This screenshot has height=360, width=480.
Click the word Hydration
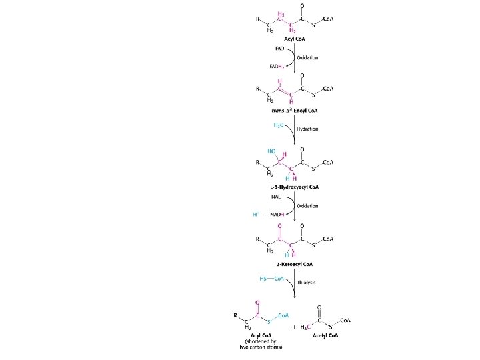point(307,129)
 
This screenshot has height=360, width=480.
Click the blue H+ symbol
point(255,214)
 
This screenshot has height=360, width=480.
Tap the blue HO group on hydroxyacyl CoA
point(271,151)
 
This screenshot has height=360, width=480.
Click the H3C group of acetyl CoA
point(305,327)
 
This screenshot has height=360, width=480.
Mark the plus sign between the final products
point(294,327)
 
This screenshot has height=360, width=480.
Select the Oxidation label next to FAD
point(307,57)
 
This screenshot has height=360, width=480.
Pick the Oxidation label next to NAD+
point(307,205)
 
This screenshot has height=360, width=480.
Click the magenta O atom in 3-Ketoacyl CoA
point(281,223)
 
